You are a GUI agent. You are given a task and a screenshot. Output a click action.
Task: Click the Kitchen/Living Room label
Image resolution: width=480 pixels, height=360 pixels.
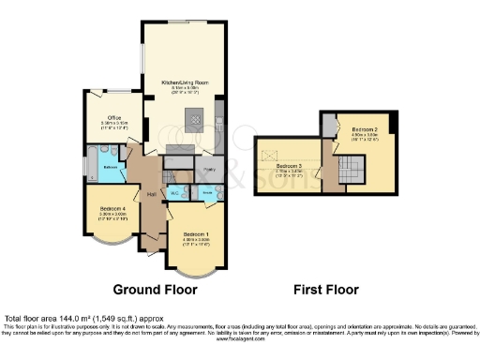pyautogui.click(x=183, y=82)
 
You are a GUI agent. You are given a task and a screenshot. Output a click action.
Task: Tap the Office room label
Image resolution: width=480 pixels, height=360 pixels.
pyautogui.click(x=113, y=118)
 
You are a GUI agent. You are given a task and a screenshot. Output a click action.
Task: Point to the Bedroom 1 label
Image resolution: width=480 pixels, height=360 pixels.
pyautogui.click(x=196, y=233)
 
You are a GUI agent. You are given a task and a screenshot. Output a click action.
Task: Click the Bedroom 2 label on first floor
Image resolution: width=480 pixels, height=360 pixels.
pyautogui.click(x=364, y=128)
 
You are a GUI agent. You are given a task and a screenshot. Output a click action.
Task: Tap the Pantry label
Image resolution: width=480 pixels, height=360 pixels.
pyautogui.click(x=210, y=170)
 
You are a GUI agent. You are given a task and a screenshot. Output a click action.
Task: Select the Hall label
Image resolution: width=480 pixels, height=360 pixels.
pyautogui.click(x=150, y=194)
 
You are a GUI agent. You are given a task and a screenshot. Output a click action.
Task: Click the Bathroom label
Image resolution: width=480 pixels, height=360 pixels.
pyautogui.click(x=110, y=166)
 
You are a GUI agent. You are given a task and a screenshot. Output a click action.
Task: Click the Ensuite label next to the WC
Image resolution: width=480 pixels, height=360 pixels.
pyautogui.click(x=206, y=191)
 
